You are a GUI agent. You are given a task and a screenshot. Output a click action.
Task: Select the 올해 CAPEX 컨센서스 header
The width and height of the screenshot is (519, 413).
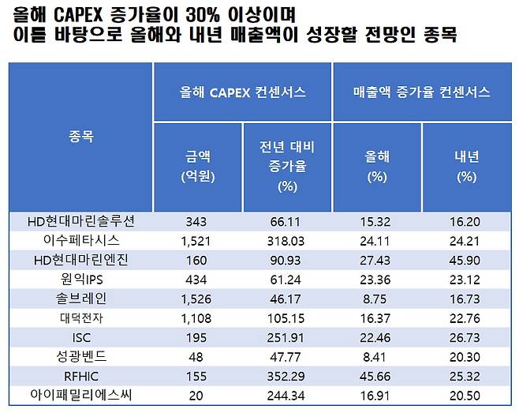[242, 92]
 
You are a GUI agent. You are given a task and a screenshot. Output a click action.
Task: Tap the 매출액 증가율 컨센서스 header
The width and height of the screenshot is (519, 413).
[422, 92]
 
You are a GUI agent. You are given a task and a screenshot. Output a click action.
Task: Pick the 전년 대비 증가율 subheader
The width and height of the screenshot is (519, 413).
[287, 165]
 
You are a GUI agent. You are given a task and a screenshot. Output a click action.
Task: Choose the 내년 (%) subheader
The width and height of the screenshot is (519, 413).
[467, 165]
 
